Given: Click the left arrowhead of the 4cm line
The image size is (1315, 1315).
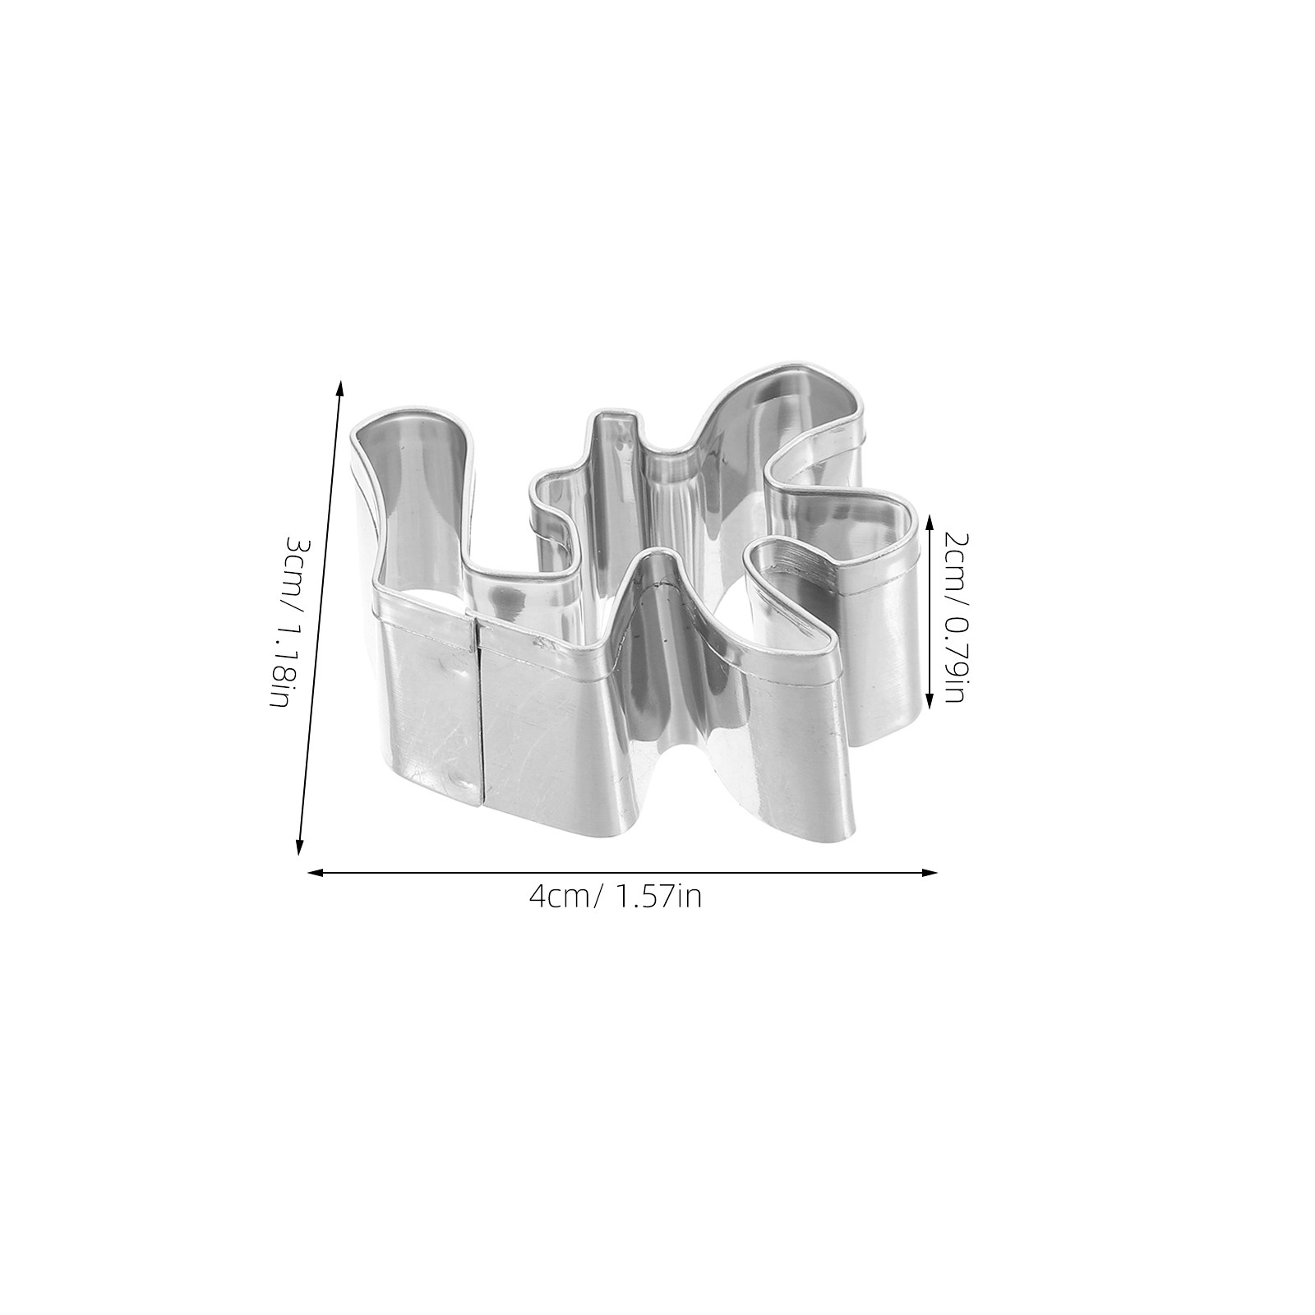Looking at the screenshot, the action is point(314,873).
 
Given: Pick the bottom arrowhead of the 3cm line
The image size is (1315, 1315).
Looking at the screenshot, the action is point(300,847).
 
